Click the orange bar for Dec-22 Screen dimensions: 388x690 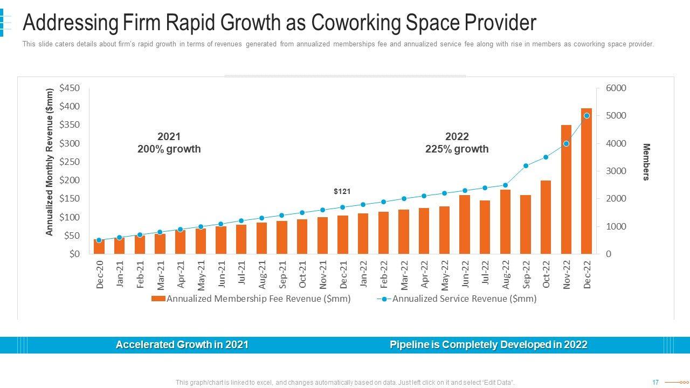(586, 181)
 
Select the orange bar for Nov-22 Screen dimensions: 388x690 (566, 189)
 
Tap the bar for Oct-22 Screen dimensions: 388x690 (546, 217)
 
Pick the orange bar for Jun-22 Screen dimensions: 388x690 (465, 224)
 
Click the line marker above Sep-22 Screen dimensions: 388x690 (526, 166)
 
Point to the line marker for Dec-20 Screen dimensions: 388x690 (99, 240)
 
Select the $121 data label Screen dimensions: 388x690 (342, 191)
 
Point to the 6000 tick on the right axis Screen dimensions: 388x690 (616, 88)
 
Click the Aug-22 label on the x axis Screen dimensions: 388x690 (506, 274)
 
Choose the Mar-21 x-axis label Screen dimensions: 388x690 (160, 274)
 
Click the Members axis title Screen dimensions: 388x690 (646, 162)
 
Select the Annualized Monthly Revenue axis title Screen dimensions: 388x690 (50, 162)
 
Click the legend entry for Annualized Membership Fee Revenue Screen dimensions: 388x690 (251, 299)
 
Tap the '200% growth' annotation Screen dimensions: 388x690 (169, 149)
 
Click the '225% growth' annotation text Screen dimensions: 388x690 (457, 149)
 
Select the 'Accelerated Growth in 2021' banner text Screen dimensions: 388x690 (182, 345)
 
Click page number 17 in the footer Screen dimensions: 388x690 (655, 383)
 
